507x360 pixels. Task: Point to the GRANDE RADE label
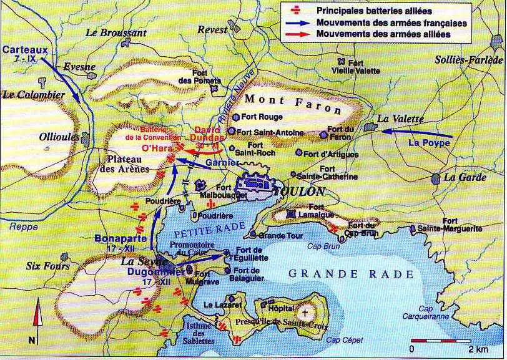[351, 274]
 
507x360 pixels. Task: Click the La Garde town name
[464, 177]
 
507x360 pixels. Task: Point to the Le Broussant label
[116, 32]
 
